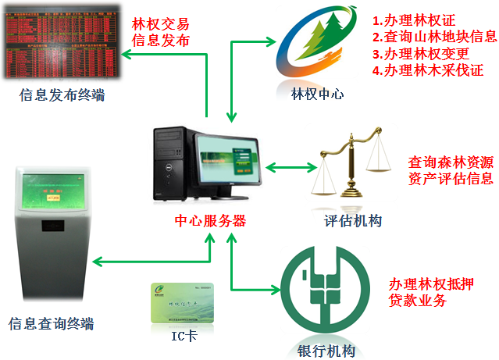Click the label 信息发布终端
point(63,96)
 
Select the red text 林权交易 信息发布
point(161,32)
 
